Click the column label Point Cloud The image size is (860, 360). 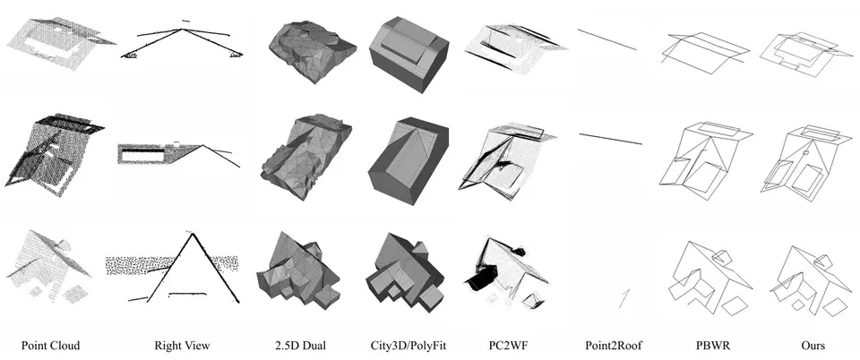point(50,345)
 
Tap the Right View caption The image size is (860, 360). point(182,345)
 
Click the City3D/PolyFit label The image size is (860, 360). point(408,345)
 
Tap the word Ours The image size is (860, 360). point(813,345)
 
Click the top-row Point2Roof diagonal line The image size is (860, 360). point(607,40)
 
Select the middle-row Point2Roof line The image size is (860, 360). point(610,139)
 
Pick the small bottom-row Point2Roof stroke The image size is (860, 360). point(623,297)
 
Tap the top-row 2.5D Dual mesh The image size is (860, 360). point(312,52)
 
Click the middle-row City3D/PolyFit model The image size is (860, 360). point(408,159)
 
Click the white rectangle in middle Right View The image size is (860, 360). point(142,156)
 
